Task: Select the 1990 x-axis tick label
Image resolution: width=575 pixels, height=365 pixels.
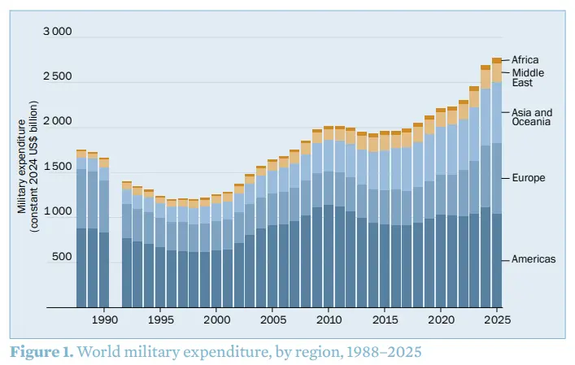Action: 104,320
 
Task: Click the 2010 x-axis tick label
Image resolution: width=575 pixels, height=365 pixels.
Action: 329,320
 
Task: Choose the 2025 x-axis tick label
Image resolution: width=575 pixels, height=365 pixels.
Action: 497,320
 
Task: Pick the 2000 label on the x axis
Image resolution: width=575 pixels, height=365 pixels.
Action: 216,320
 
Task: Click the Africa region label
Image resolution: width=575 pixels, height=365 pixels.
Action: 525,60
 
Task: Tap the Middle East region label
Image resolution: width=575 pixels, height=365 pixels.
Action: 528,78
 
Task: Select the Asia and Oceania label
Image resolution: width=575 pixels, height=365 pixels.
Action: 532,117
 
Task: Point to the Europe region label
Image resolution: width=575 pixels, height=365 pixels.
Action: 529,178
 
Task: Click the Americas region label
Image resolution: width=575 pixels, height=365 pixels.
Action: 534,259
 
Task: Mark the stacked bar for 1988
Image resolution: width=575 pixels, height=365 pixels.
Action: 81,228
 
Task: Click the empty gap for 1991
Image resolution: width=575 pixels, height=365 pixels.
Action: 115,244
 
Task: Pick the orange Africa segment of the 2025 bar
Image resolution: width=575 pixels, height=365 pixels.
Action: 496,61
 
